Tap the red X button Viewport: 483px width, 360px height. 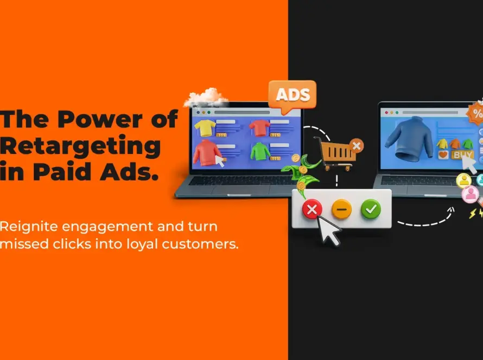[312, 209]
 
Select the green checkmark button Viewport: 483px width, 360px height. [371, 209]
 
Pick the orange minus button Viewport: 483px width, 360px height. [341, 209]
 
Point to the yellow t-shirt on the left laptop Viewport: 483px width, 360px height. [205, 127]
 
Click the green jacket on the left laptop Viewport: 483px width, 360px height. [260, 151]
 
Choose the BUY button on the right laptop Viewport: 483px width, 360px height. [462, 155]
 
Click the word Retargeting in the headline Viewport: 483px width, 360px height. [80, 146]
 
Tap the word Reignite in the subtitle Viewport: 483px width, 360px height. [29, 227]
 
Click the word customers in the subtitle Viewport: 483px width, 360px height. [200, 244]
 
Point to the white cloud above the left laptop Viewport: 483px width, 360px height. [206, 98]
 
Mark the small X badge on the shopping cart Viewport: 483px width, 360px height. [357, 145]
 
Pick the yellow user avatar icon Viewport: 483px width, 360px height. [463, 181]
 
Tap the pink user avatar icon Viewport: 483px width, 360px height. [471, 194]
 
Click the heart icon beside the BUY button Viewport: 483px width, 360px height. [443, 155]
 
